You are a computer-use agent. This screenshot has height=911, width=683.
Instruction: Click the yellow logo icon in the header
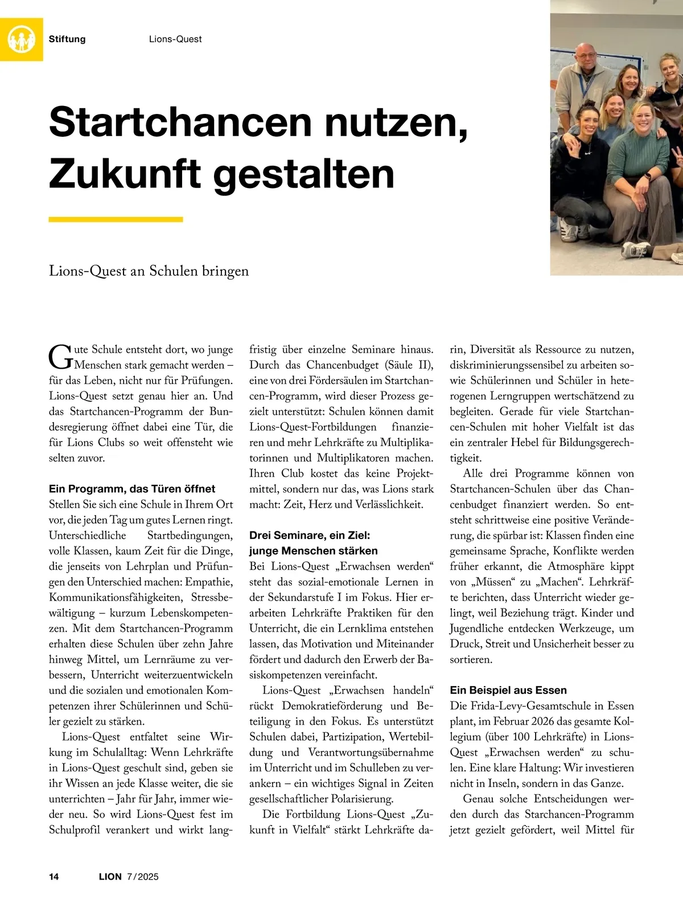coord(22,39)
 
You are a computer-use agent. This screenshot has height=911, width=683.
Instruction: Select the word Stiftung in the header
coord(67,39)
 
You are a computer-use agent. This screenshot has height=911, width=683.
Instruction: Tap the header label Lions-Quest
coord(175,39)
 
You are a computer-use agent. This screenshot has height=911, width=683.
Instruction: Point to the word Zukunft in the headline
coord(125,174)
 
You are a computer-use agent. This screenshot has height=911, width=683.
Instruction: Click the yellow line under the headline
coord(116,219)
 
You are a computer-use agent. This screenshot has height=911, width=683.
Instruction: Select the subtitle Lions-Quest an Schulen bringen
coord(149,271)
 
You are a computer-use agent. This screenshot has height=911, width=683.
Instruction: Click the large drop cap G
coord(60,357)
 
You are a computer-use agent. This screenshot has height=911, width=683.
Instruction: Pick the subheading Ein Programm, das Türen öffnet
coord(132,489)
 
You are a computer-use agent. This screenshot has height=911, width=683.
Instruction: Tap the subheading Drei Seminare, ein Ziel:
coord(310,536)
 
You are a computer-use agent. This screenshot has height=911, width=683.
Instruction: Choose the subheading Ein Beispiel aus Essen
coord(508,691)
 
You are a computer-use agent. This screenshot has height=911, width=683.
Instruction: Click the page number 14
coord(54,877)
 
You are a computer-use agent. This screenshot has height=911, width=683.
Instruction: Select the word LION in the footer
coord(110,877)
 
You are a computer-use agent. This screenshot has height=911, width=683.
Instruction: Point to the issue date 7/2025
coord(143,877)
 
